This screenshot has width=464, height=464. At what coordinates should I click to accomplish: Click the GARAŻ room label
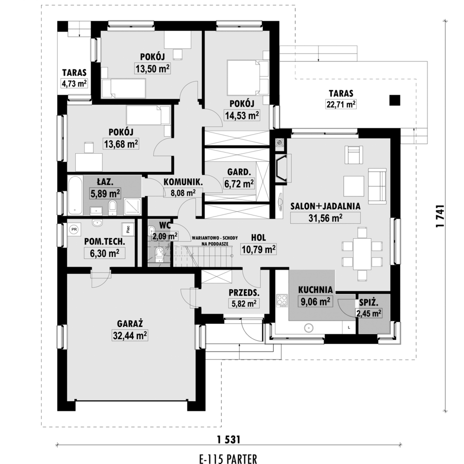pyautogui.click(x=130, y=323)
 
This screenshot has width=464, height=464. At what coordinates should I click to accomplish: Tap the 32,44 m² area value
pyautogui.click(x=130, y=336)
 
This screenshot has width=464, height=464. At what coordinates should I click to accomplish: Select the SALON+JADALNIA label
pyautogui.click(x=325, y=206)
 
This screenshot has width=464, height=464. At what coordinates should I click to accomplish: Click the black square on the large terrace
pyautogui.click(x=395, y=101)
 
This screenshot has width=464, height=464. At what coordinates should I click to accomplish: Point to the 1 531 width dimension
pyautogui.click(x=228, y=440)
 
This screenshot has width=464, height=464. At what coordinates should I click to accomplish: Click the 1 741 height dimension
pyautogui.click(x=440, y=217)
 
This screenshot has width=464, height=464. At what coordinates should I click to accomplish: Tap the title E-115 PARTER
pyautogui.click(x=228, y=459)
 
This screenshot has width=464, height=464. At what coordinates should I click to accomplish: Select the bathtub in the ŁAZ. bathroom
pyautogui.click(x=75, y=195)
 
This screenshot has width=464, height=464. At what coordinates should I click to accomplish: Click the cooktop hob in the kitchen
pyautogui.click(x=282, y=301)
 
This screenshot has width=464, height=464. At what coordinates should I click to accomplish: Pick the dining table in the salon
pyautogui.click(x=362, y=254)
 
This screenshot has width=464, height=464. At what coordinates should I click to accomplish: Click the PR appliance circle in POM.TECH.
pyautogui.click(x=74, y=229)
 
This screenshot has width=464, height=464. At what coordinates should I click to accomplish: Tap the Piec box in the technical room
pyautogui.click(x=128, y=229)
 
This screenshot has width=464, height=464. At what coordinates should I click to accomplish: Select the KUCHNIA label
pyautogui.click(x=316, y=290)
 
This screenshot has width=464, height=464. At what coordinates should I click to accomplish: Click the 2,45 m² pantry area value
pyautogui.click(x=369, y=313)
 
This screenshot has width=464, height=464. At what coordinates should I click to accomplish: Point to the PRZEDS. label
pyautogui.click(x=244, y=293)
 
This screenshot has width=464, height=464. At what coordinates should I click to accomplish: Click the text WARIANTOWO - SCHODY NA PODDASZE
pyautogui.click(x=214, y=241)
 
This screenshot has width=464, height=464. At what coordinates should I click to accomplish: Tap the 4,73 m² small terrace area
pyautogui.click(x=74, y=84)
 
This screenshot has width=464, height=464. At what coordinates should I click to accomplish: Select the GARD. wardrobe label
pyautogui.click(x=239, y=172)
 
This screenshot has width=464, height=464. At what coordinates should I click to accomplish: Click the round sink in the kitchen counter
pyautogui.click(x=309, y=328)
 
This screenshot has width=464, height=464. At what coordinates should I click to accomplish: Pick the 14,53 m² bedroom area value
pyautogui.click(x=242, y=115)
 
